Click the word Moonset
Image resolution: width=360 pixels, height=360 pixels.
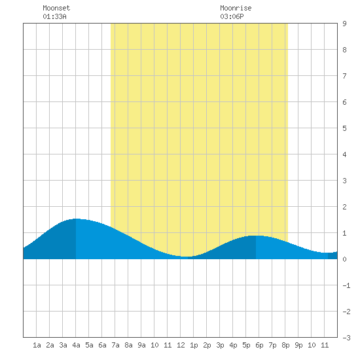click(x=56, y=8)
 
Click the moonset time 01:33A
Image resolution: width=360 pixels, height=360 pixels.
click(x=54, y=16)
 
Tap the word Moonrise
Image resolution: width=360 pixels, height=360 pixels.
click(x=236, y=8)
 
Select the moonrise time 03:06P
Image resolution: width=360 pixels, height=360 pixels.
click(x=232, y=16)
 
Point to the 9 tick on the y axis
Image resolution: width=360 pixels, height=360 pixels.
click(x=344, y=24)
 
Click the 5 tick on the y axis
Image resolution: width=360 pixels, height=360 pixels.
click(x=344, y=128)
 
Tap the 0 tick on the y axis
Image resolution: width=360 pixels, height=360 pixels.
click(x=344, y=259)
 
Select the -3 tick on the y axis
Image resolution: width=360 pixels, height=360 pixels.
click(x=346, y=338)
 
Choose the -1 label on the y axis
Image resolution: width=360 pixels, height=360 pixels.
click(x=346, y=285)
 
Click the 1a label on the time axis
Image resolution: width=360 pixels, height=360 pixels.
click(x=37, y=345)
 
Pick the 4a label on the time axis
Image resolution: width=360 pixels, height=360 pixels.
click(x=76, y=345)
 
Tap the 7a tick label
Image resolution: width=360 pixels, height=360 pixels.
click(x=115, y=345)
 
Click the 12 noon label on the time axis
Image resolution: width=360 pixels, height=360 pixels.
click(x=181, y=345)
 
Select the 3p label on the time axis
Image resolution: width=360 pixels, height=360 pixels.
click(x=220, y=345)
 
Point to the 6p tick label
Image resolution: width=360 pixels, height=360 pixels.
click(x=259, y=345)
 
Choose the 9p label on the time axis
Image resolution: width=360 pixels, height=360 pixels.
click(x=298, y=345)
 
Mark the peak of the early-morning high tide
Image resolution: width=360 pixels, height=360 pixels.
click(x=76, y=219)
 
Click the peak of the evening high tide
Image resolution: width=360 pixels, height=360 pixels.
click(x=256, y=236)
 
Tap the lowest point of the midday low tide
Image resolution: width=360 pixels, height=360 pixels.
click(x=188, y=257)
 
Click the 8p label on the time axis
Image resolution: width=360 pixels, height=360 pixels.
click(x=285, y=345)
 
